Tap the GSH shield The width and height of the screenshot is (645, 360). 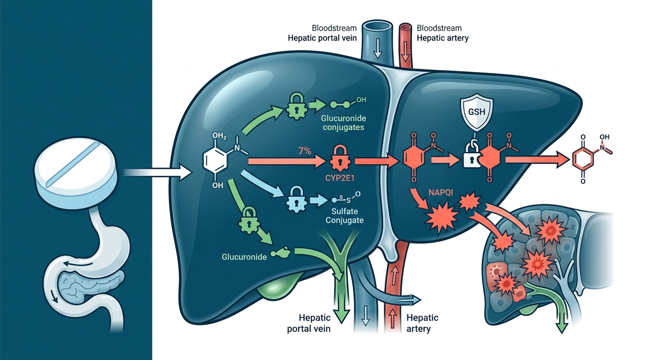click(477, 112)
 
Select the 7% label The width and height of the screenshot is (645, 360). click(305, 151)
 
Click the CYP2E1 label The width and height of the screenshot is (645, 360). click(340, 178)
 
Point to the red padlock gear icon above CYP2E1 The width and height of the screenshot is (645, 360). click(340, 159)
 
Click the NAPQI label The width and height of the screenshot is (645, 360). click(441, 192)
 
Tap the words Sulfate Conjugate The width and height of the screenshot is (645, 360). click(345, 216)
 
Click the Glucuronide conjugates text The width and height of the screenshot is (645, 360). click(344, 123)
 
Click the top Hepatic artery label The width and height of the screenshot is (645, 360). click(442, 38)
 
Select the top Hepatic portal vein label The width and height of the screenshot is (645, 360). click(322, 38)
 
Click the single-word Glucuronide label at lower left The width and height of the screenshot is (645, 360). click(244, 257)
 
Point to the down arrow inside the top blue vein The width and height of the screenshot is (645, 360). click(377, 51)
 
